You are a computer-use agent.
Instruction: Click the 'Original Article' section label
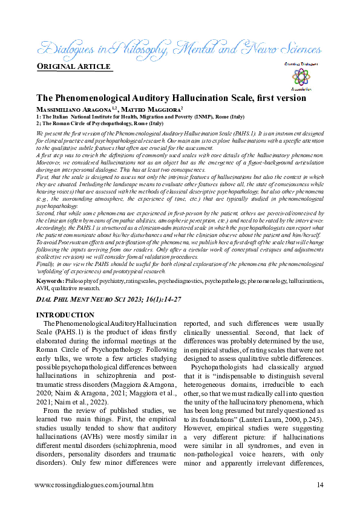(x=74, y=66)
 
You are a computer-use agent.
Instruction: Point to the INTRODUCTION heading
(x=65, y=315)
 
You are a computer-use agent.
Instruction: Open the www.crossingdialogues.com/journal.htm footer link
(x=94, y=485)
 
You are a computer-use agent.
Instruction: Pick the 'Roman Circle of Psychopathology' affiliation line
(x=100, y=123)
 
